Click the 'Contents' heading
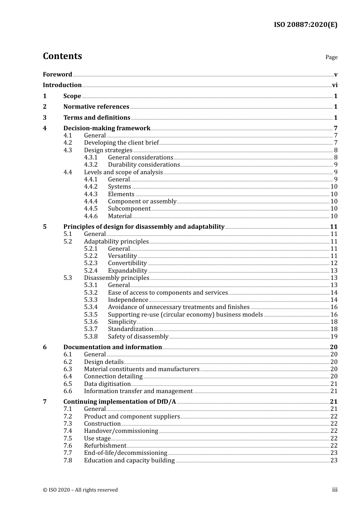click(62, 56)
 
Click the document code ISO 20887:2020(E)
click(305, 25)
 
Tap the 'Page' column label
click(331, 57)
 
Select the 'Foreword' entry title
click(57, 74)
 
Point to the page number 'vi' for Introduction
click(335, 85)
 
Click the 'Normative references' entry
click(96, 107)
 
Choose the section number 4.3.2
click(91, 165)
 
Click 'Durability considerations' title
click(144, 165)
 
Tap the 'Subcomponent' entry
click(129, 209)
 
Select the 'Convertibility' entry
click(127, 263)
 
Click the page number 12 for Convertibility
click(334, 263)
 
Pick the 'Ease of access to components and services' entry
click(168, 293)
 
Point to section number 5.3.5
click(91, 315)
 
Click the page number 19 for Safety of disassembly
click(334, 337)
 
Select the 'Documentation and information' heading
click(113, 347)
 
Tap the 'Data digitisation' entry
click(107, 384)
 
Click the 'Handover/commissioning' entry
click(121, 431)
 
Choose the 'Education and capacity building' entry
click(129, 461)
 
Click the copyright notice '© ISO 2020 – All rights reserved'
click(80, 490)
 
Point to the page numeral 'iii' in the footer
click(335, 490)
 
